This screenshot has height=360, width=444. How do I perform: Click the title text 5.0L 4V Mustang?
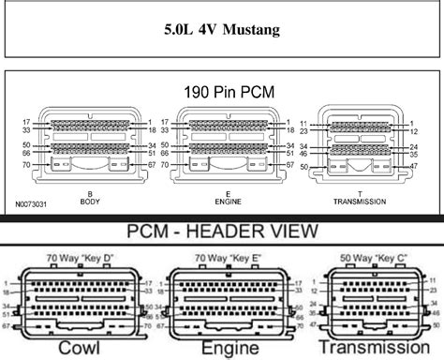tap(221, 29)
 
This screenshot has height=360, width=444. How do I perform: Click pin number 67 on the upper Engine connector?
tap(290, 165)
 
